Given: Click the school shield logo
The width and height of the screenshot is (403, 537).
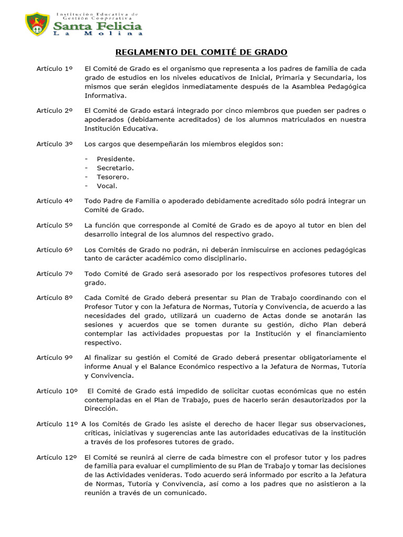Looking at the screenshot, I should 37,24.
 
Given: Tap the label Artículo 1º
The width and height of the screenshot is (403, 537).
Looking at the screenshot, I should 54,69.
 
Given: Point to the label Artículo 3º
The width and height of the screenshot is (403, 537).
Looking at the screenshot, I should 54,143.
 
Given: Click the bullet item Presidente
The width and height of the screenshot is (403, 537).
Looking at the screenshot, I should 115,158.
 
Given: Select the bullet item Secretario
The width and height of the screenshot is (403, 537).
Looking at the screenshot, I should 115,167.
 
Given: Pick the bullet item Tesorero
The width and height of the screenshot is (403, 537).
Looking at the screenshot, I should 112,177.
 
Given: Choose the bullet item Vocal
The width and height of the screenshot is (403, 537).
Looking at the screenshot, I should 107,186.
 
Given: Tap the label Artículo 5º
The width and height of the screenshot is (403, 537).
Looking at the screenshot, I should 54,225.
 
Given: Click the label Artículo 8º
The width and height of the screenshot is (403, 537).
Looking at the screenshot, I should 54,297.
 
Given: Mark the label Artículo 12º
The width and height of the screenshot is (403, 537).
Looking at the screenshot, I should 57,457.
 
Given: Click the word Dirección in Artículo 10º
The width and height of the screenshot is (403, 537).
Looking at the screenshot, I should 102,409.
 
